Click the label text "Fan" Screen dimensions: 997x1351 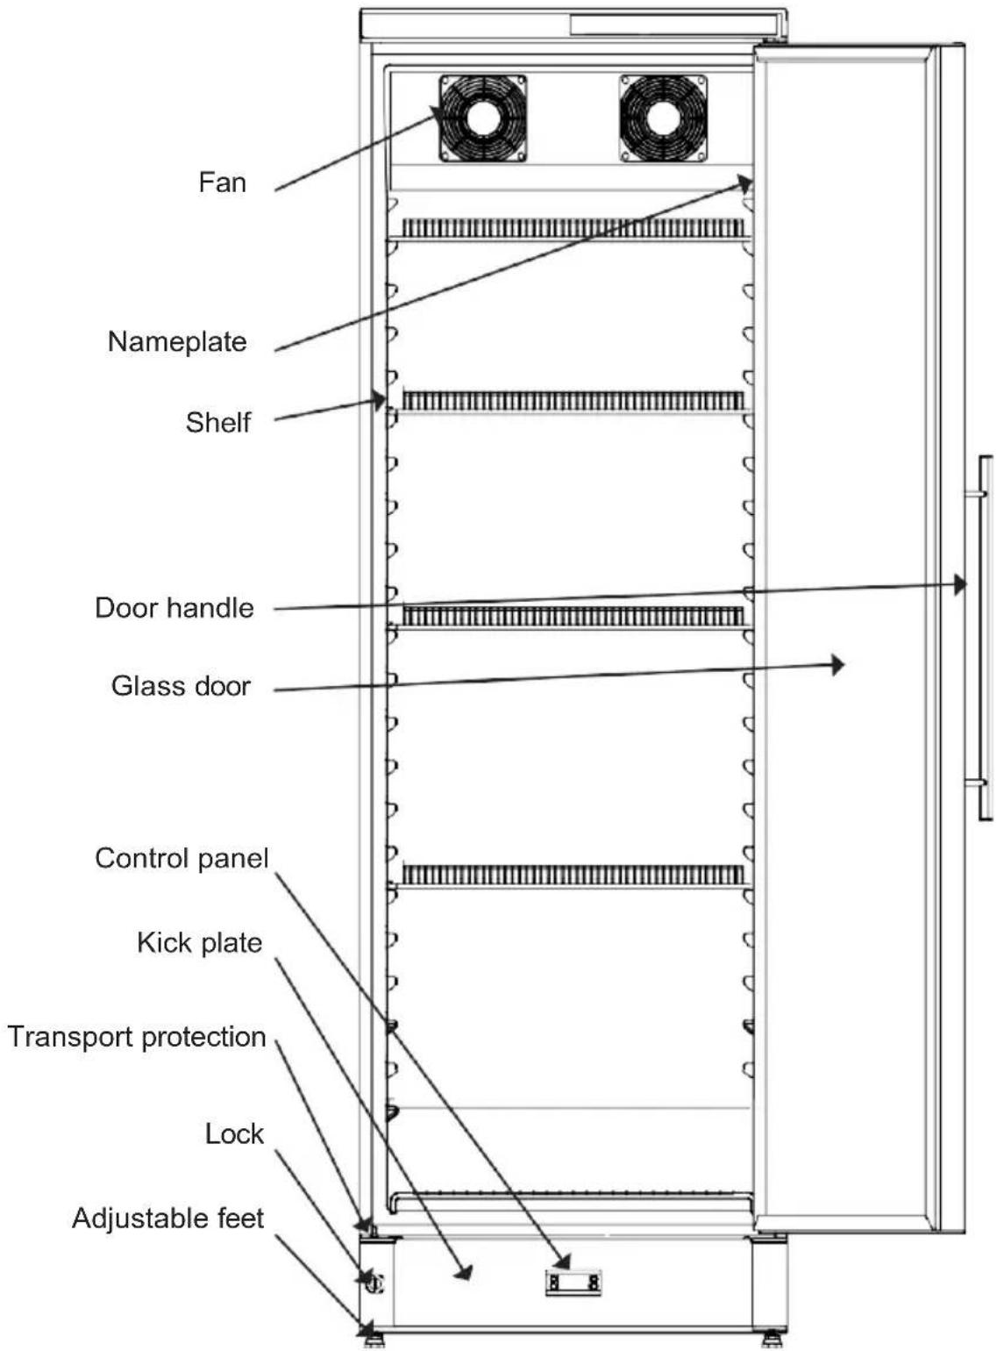point(223,182)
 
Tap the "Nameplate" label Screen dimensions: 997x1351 point(177,342)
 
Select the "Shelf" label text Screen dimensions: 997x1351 point(218,422)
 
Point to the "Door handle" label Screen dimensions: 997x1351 point(174,608)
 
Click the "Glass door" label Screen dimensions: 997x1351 point(181,686)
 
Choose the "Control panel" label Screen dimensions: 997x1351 point(182,858)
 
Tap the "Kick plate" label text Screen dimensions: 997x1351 point(200,942)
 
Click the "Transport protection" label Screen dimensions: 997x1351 point(137,1037)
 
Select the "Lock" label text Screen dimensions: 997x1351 point(234,1133)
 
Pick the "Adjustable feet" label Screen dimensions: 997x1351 point(168,1219)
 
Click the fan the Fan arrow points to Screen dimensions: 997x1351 point(483,118)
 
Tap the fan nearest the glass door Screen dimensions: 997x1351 point(663,118)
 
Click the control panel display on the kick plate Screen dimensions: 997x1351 point(573,1283)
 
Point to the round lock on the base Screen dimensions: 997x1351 point(374,1283)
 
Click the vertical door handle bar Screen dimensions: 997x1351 point(985,638)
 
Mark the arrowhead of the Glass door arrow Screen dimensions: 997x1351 point(838,665)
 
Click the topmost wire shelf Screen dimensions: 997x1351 point(573,228)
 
